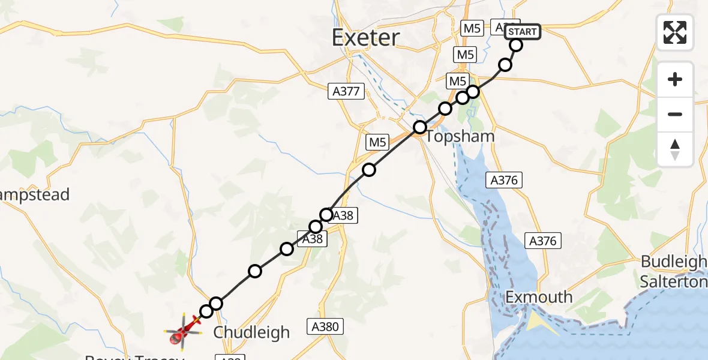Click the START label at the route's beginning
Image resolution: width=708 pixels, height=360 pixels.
(x=523, y=31)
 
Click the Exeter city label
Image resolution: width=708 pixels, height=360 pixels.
(x=365, y=38)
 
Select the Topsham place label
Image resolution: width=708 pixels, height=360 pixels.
(x=460, y=136)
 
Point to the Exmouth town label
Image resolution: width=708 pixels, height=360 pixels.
(x=539, y=297)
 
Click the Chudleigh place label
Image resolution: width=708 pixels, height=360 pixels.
(x=251, y=332)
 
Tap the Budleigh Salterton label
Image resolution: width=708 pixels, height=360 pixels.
(x=673, y=271)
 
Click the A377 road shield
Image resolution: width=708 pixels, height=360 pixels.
(x=346, y=92)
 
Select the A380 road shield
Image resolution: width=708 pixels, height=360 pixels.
(x=327, y=327)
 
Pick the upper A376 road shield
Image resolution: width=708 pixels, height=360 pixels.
(x=505, y=179)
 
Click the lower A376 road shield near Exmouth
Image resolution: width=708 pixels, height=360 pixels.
(x=543, y=241)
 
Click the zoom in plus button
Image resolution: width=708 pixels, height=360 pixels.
(x=675, y=79)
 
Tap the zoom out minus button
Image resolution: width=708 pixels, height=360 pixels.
(x=675, y=114)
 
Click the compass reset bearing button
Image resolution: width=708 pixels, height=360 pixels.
(x=675, y=149)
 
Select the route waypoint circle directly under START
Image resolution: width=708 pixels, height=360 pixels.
(x=516, y=45)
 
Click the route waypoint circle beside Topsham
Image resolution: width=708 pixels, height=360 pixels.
(x=420, y=127)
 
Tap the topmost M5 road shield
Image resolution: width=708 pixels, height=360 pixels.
(x=470, y=28)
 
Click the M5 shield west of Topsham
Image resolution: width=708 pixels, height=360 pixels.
(x=376, y=142)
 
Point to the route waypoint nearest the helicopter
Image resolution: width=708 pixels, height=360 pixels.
(x=206, y=311)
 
